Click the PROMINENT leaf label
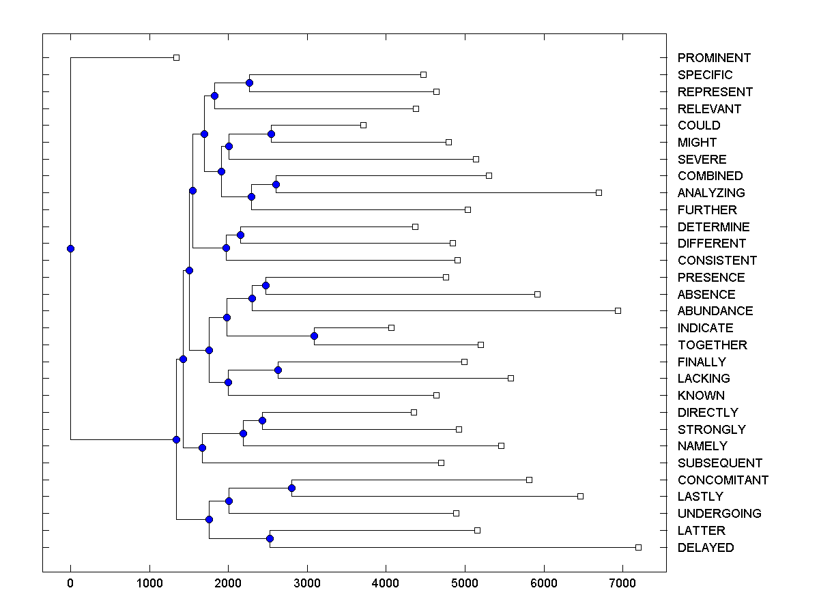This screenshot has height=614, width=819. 714,58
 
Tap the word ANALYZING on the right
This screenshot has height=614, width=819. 711,193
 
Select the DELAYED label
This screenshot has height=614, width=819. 706,548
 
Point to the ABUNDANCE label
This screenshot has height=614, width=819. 715,311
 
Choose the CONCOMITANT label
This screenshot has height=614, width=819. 723,480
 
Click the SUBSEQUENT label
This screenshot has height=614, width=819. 720,463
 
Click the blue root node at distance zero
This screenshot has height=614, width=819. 70,248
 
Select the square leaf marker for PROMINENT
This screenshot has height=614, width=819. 176,58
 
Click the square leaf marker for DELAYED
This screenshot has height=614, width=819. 638,547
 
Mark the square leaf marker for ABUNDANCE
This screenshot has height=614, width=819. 618,310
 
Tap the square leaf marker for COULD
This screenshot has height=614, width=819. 363,125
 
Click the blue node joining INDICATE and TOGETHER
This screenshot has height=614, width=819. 314,336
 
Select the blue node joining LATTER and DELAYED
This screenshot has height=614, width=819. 270,538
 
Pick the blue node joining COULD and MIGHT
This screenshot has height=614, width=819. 271,134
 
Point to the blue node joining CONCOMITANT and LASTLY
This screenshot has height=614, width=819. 291,488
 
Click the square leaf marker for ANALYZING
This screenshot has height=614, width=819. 599,192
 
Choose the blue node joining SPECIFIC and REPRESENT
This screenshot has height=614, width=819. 249,83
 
